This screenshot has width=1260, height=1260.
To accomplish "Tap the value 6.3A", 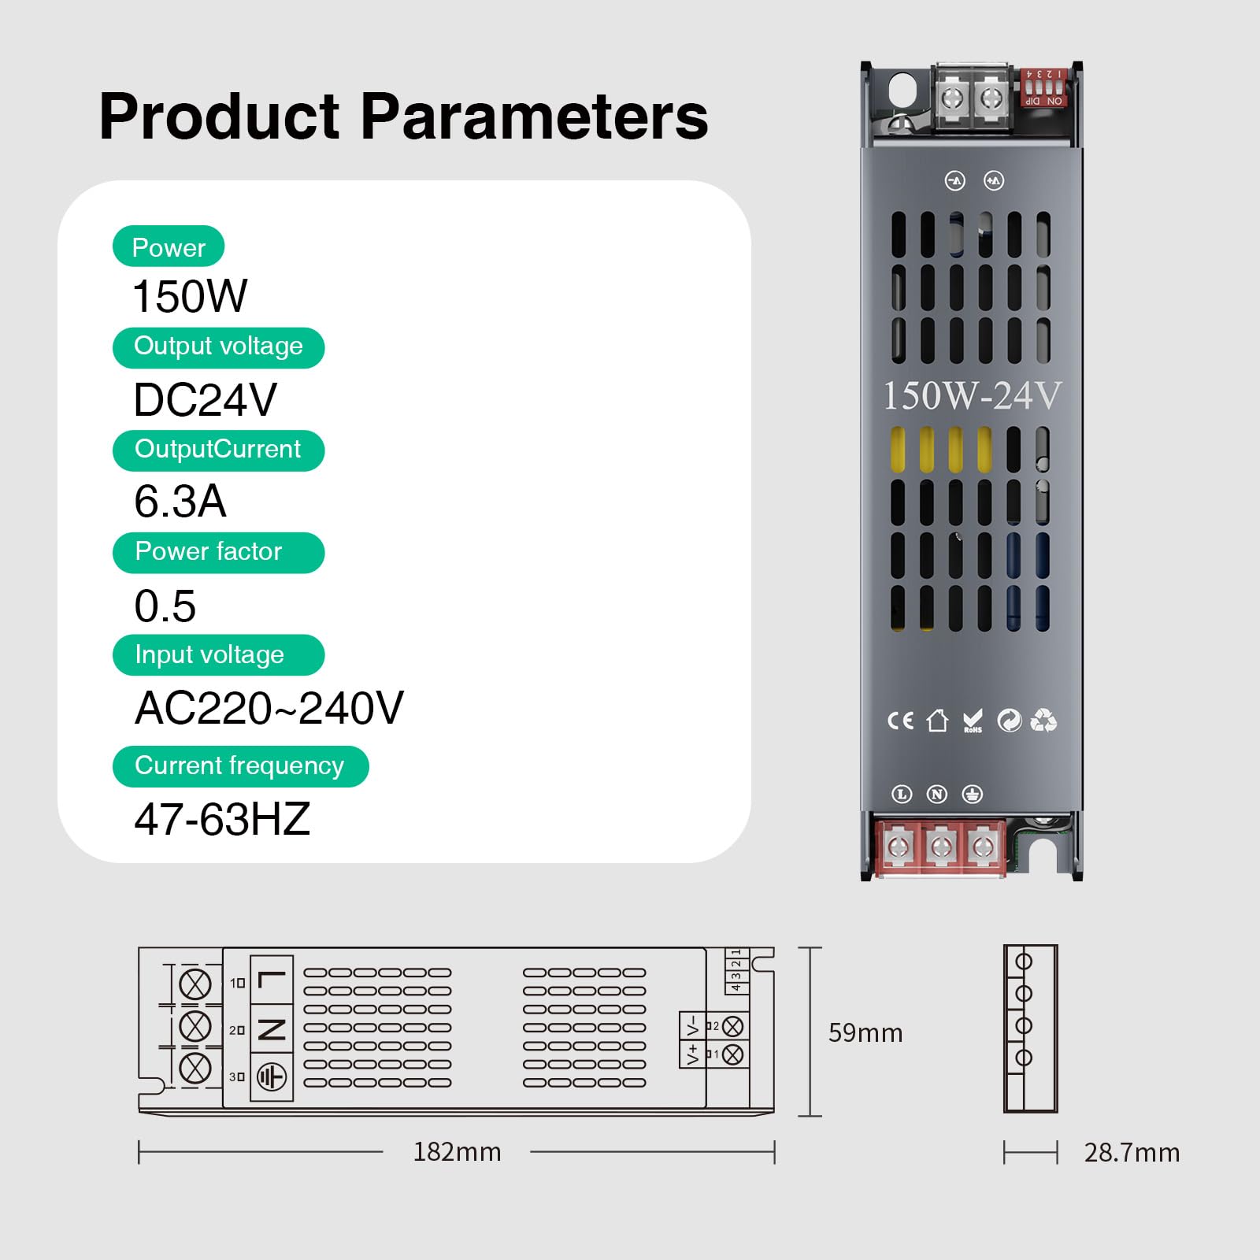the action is click(x=180, y=501).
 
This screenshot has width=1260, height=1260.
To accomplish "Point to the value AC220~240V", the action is click(x=269, y=707).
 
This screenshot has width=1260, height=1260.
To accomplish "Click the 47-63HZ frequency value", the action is click(x=222, y=819).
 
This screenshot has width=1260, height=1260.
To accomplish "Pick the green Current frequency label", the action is click(x=240, y=765).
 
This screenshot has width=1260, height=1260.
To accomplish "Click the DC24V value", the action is click(x=205, y=399).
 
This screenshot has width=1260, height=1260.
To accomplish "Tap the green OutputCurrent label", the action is click(x=218, y=450).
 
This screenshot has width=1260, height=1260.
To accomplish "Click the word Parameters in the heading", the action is click(x=534, y=117).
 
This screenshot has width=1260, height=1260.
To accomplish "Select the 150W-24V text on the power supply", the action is click(x=972, y=395).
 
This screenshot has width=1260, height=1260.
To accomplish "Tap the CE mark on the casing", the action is click(x=900, y=721).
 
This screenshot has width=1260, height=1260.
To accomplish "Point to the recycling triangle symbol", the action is click(x=1043, y=720).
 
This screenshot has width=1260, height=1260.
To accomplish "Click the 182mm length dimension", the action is click(x=457, y=1152).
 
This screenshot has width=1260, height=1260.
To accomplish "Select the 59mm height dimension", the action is click(x=865, y=1032).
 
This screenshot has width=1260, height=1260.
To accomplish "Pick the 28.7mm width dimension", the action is click(x=1132, y=1153).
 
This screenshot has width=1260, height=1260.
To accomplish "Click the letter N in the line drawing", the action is click(x=272, y=1029).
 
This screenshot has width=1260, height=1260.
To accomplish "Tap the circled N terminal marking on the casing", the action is click(x=936, y=794).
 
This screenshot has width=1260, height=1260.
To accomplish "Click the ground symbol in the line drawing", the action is click(x=272, y=1077).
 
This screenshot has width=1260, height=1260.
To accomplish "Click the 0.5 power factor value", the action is click(x=165, y=606).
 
